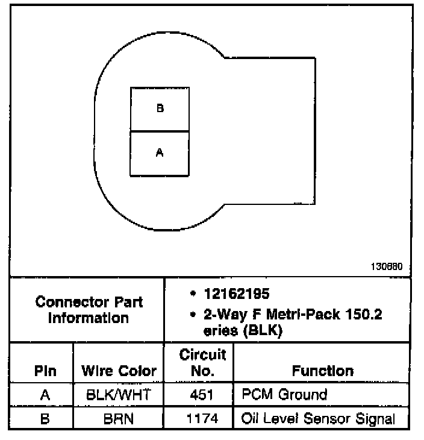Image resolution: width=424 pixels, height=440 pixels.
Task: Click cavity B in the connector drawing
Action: coord(160,109)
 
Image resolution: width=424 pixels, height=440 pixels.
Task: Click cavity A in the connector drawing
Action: coord(160,154)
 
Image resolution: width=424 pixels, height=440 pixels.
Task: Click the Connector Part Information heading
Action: coord(89,309)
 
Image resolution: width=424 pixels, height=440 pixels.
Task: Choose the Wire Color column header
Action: coord(119,371)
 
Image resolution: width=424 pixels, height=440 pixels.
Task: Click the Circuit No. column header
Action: coord(198,362)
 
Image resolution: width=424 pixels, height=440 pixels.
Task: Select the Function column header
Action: coord(322,370)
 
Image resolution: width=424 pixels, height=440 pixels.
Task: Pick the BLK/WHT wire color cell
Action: coord(119,395)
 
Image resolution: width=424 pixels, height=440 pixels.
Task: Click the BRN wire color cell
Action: coord(119,418)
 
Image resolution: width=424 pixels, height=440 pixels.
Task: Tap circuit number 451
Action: coord(198,395)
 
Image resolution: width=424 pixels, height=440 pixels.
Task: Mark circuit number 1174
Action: coord(198,418)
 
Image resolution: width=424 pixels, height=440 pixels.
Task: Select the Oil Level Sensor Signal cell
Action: coord(318,418)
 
